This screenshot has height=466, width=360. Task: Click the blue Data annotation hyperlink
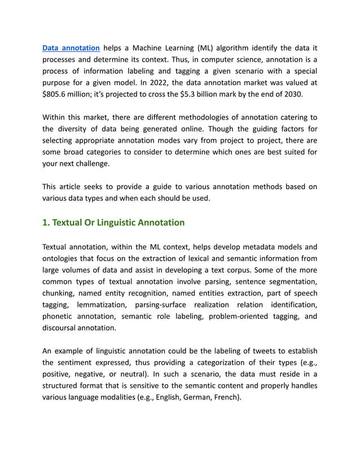pyautogui.click(x=71, y=48)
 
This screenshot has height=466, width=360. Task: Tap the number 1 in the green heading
pyautogui.click(x=45, y=222)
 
